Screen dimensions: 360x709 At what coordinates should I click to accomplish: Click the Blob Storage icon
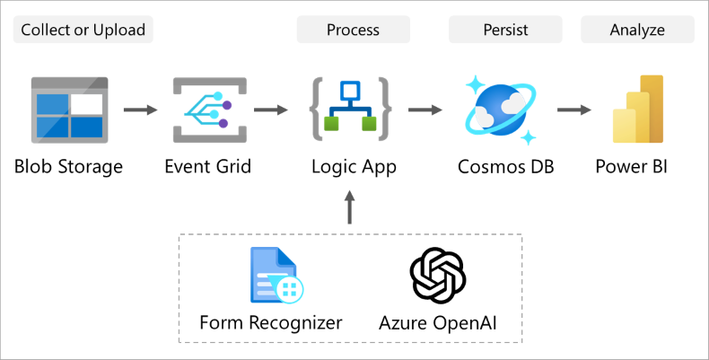68,110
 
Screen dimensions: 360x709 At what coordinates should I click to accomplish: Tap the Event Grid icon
208,110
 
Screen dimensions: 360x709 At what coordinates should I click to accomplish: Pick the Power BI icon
638,110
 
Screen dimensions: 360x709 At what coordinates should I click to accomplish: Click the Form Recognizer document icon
276,276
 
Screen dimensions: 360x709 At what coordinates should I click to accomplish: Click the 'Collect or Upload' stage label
83,30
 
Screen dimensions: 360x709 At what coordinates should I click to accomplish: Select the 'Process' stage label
353,30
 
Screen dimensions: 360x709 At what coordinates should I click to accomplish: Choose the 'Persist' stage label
505,30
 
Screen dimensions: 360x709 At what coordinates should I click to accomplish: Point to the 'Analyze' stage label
637,30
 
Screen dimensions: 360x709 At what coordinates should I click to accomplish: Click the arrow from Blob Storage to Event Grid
139,110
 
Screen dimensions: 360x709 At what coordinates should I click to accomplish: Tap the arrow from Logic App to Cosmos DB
425,110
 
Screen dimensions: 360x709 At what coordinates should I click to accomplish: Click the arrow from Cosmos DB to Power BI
573,110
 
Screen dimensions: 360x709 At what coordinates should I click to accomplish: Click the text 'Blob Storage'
68,167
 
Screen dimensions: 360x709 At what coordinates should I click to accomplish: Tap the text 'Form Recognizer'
271,322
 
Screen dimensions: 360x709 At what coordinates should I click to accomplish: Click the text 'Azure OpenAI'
437,322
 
